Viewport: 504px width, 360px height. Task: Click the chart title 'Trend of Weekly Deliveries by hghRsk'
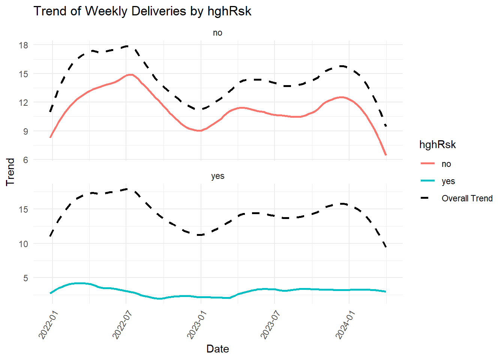[142, 11]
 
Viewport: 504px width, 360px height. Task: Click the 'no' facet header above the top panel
[217, 33]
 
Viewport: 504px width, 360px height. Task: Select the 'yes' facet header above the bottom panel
[217, 176]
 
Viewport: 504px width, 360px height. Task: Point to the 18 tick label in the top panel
[23, 45]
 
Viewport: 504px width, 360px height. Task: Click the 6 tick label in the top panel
[25, 160]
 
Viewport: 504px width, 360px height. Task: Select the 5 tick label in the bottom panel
[25, 278]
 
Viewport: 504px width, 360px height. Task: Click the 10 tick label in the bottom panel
[23, 244]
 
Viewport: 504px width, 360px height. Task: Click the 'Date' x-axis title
[217, 349]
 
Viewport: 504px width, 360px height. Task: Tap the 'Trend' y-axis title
[10, 172]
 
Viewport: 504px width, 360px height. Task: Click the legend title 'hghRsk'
[437, 145]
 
